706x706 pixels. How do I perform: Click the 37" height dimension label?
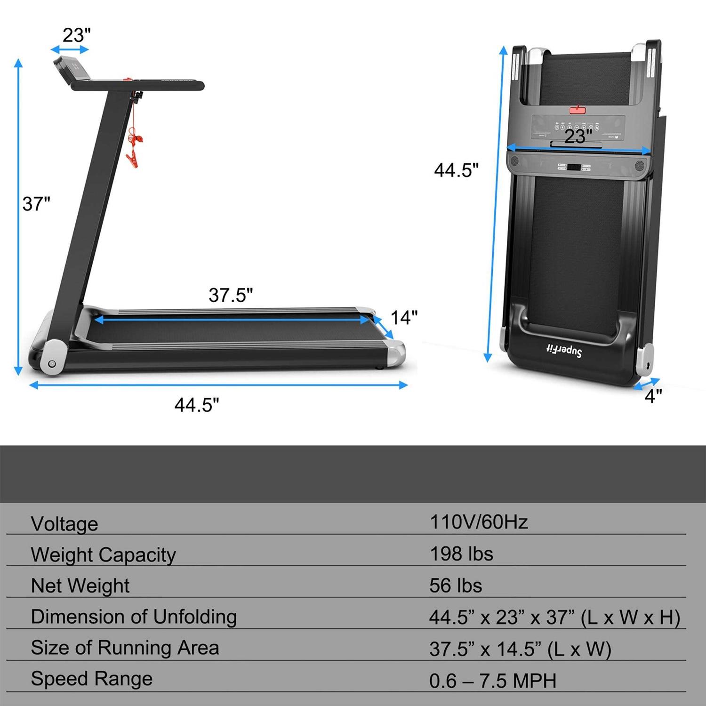[x=36, y=204]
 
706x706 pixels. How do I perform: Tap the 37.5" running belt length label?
[x=231, y=295]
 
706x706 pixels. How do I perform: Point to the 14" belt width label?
[x=404, y=318]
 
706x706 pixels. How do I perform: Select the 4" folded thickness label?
[x=653, y=396]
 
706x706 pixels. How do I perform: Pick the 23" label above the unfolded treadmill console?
[x=76, y=35]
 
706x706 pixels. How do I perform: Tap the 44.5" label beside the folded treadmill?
[x=456, y=170]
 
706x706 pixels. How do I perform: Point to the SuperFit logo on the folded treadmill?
[x=563, y=350]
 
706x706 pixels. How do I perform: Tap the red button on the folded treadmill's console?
[x=578, y=110]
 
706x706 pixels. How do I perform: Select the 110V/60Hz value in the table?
[x=479, y=522]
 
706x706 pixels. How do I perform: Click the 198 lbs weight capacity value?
[x=461, y=554]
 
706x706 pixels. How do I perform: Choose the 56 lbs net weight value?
[x=456, y=586]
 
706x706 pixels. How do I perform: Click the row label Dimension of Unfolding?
[x=134, y=617]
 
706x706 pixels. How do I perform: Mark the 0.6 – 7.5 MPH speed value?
[x=493, y=681]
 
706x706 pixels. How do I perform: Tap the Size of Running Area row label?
[x=125, y=648]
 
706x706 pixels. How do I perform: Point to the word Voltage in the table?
[x=64, y=524]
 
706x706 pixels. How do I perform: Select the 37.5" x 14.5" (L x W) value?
[x=520, y=649]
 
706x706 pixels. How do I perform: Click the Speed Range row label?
[x=92, y=679]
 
